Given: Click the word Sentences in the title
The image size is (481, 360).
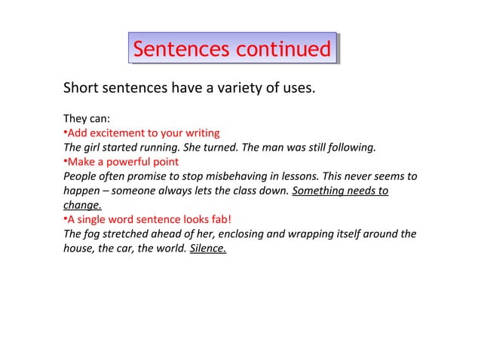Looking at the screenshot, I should [180, 50].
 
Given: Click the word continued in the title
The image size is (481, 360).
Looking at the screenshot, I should [283, 50].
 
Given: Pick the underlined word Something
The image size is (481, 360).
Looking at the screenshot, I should [319, 191].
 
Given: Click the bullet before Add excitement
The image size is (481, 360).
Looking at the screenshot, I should [65, 133].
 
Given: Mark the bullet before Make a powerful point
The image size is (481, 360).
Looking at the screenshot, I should [65, 162].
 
